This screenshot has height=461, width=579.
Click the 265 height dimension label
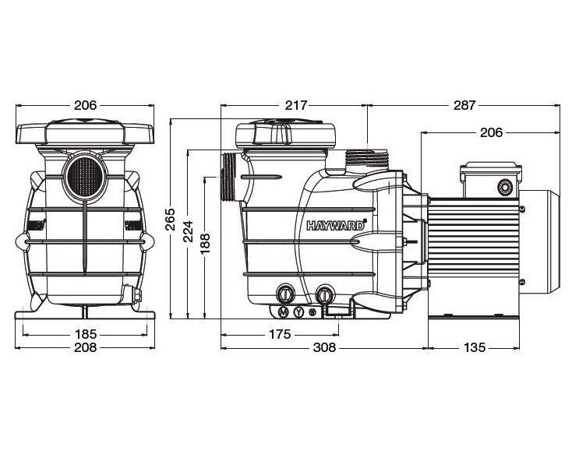(170, 220)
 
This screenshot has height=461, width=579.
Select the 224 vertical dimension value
(189, 231)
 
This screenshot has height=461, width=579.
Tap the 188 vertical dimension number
(205, 244)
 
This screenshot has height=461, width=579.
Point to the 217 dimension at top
(296, 105)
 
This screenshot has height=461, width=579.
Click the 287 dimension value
(464, 105)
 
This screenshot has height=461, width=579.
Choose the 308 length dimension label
(325, 347)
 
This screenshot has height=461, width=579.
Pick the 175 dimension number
(280, 334)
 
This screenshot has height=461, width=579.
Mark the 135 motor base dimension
(475, 347)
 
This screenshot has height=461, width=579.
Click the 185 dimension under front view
(86, 334)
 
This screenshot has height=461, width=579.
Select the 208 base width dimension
(85, 347)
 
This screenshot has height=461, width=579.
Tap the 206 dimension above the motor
(491, 132)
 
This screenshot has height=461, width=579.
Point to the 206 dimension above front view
(85, 105)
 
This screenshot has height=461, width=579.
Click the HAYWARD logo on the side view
(336, 225)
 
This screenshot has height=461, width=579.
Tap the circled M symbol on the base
(284, 312)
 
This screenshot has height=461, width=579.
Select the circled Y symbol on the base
(299, 312)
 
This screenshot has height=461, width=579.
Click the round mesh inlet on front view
(85, 178)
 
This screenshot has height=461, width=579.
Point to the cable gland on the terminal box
(505, 187)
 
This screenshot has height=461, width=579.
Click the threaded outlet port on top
(366, 160)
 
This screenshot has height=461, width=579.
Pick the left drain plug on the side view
(285, 294)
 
